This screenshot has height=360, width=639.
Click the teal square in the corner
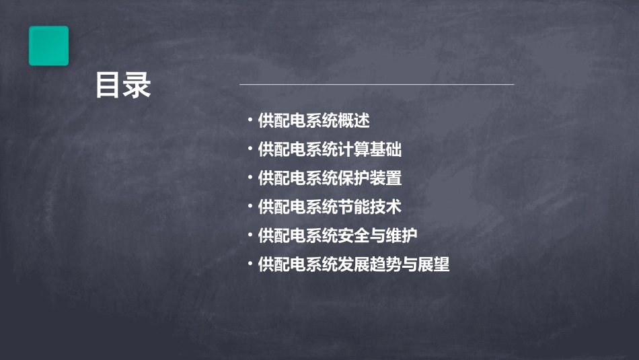(48, 46)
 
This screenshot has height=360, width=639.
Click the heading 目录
(122, 86)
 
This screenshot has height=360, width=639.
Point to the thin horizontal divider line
(377, 85)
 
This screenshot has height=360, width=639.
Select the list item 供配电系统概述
(313, 121)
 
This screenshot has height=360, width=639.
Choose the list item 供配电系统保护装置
(330, 178)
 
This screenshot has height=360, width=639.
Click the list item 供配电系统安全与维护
(338, 236)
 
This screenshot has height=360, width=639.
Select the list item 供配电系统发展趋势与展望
(353, 264)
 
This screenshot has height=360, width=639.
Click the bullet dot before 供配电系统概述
(250, 121)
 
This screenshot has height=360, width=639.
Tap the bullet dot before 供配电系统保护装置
(250, 178)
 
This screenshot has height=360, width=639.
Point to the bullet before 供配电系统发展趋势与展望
(250, 264)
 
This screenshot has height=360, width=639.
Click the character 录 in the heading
(137, 86)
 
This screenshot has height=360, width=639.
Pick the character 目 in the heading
(108, 86)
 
